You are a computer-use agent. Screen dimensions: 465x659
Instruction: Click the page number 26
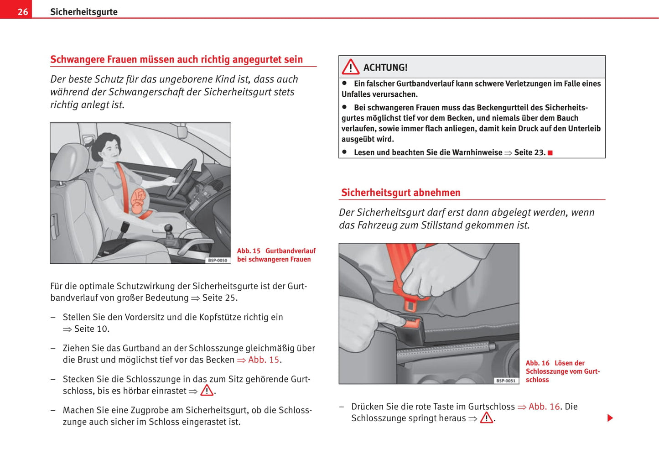click(22, 12)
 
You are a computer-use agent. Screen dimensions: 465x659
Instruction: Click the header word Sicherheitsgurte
click(83, 12)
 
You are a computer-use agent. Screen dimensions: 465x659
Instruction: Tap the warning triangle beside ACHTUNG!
click(350, 67)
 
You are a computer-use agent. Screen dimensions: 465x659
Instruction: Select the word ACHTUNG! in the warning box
click(385, 68)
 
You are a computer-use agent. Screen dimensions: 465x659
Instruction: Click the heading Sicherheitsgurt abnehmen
click(400, 193)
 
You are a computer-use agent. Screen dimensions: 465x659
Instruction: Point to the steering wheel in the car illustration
click(182, 178)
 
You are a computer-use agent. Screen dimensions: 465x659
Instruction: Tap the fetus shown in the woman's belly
click(138, 201)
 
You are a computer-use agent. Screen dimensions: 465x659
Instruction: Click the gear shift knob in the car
click(168, 228)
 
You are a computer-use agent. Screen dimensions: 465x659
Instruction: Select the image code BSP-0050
click(218, 260)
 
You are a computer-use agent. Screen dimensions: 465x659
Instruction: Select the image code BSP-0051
click(506, 381)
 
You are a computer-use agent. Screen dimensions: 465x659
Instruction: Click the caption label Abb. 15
click(249, 251)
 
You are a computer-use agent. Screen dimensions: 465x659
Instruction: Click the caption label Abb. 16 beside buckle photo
click(537, 363)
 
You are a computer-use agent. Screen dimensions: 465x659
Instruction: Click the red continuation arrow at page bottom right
click(610, 418)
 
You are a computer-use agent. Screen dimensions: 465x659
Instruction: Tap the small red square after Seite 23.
click(550, 153)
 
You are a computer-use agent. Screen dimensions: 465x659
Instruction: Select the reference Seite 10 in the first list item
click(92, 329)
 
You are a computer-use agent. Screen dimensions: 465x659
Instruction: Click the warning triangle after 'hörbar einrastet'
click(207, 391)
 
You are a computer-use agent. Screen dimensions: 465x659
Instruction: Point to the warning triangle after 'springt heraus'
click(486, 418)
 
